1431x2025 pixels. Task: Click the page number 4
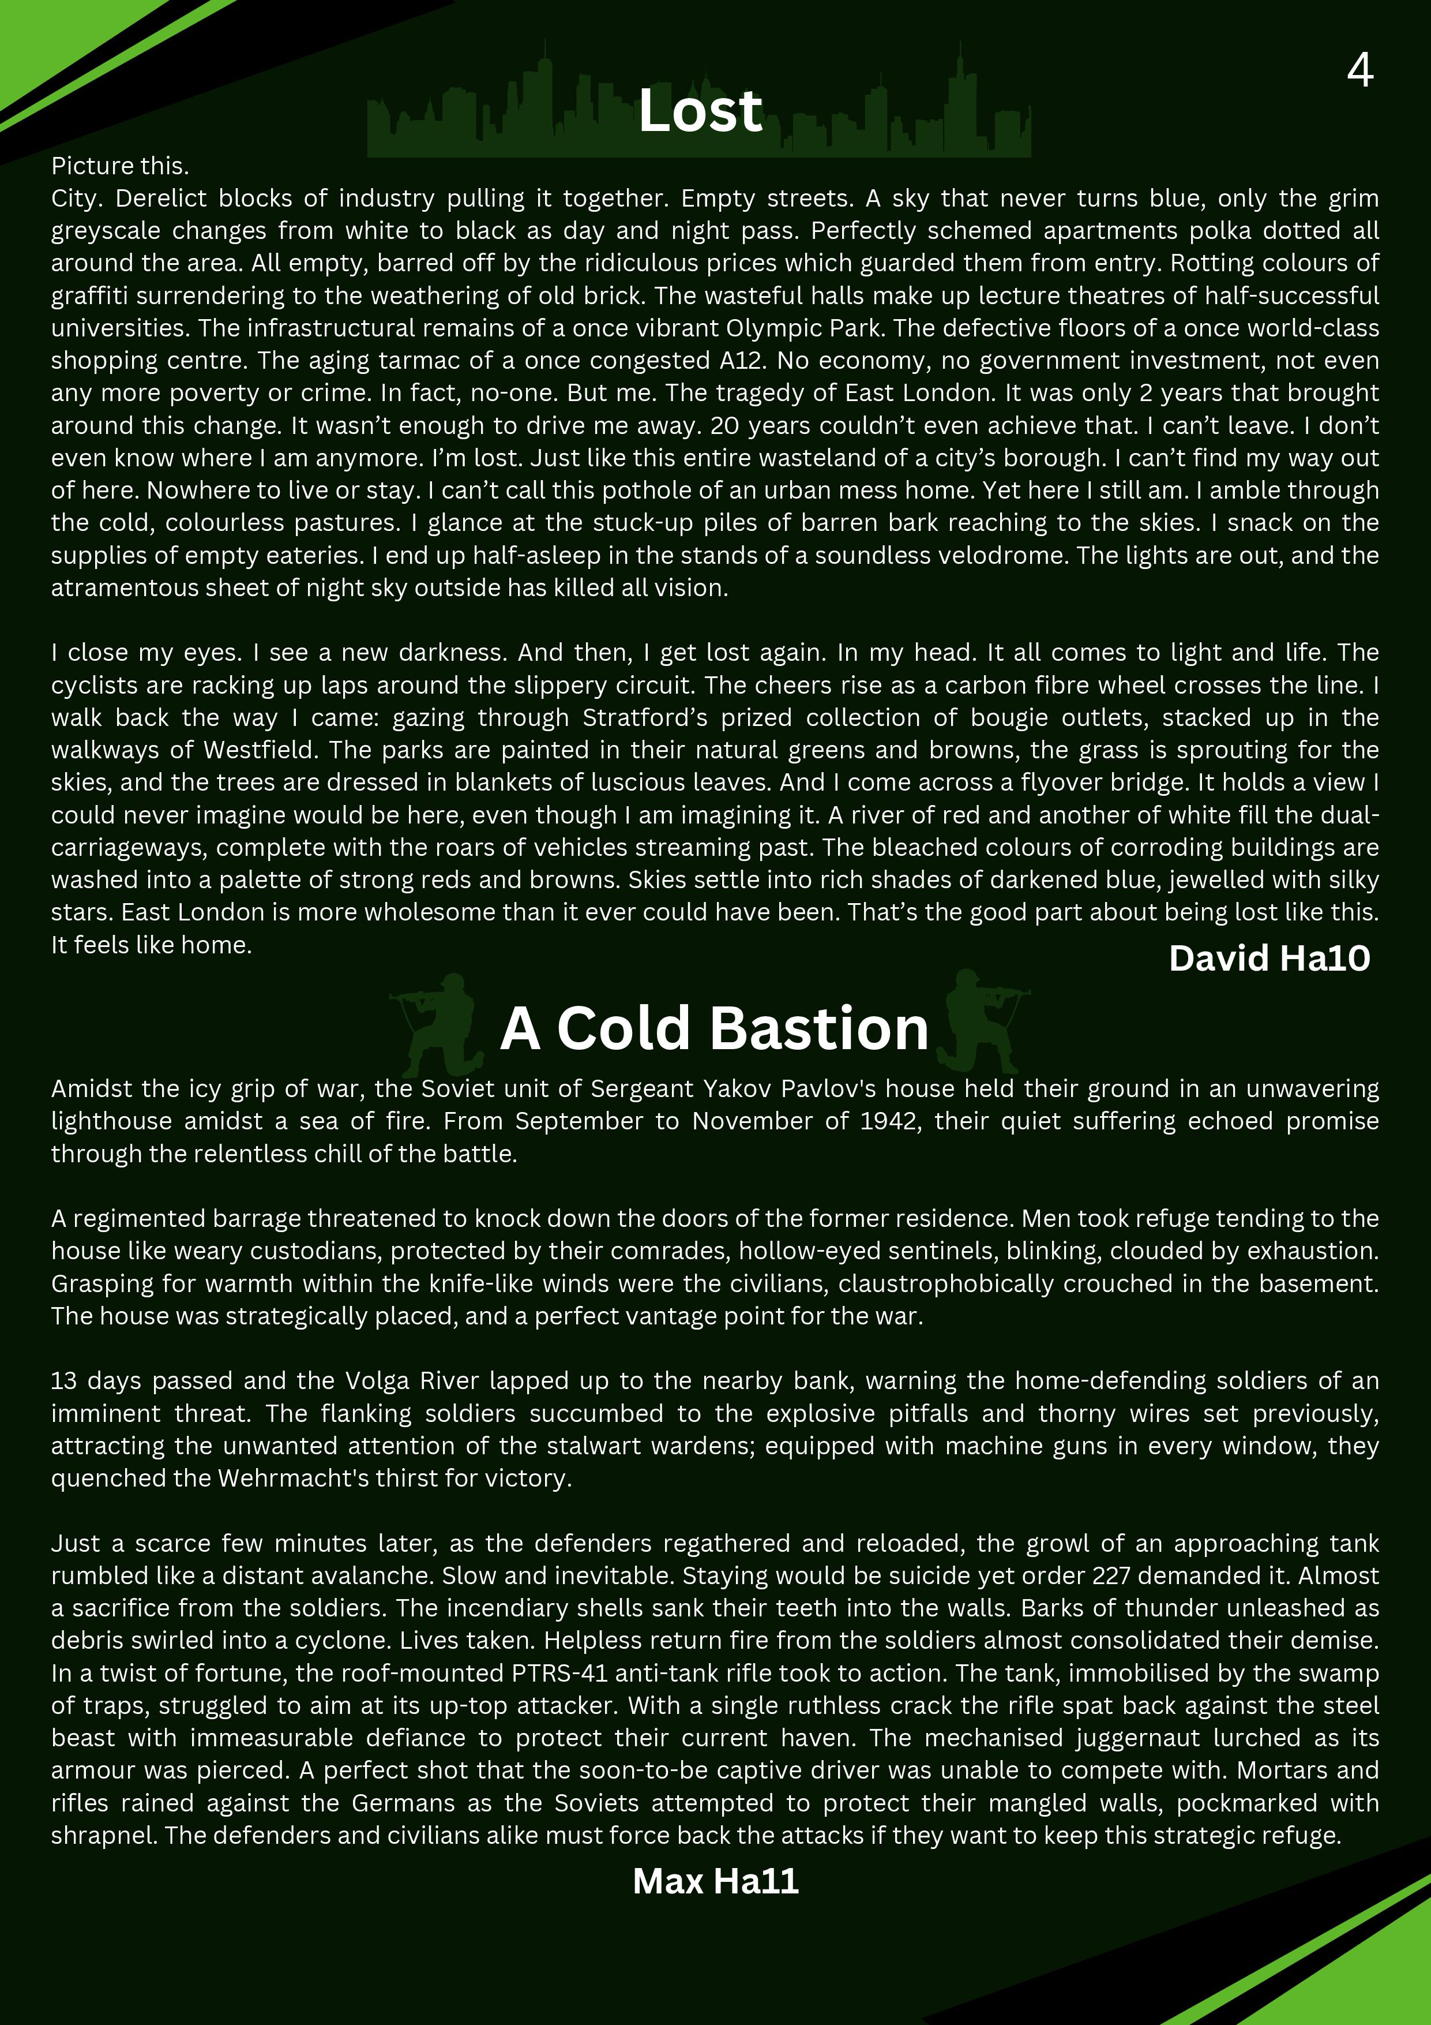pyautogui.click(x=1359, y=70)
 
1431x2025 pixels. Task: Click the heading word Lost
pyautogui.click(x=700, y=111)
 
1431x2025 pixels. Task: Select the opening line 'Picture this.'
pyautogui.click(x=120, y=166)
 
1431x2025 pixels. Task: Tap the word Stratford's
pyautogui.click(x=644, y=718)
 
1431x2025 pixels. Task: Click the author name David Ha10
pyautogui.click(x=1269, y=959)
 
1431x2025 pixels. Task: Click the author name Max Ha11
pyautogui.click(x=715, y=1881)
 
